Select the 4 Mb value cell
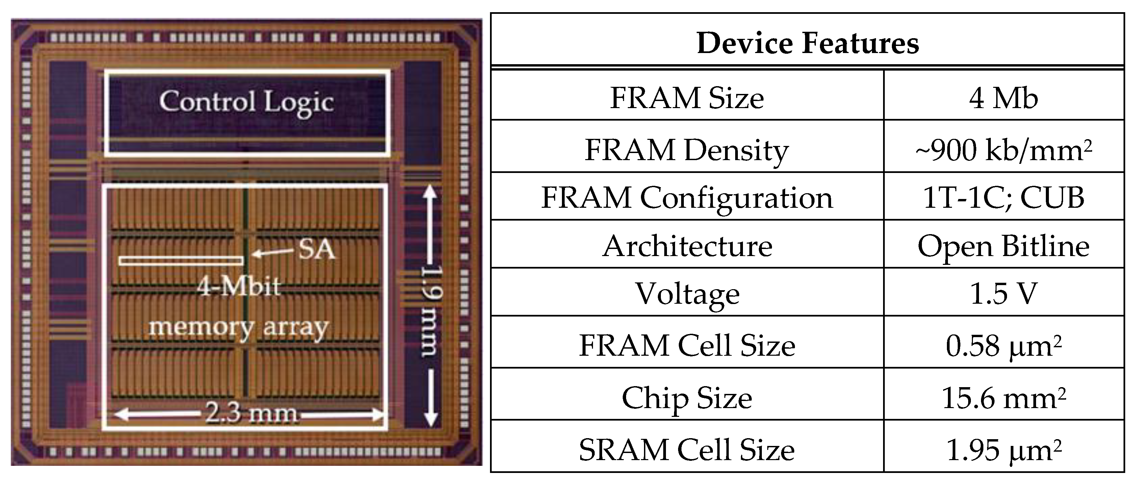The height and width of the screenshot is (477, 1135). click(x=1003, y=98)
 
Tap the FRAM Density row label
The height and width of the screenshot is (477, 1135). click(x=687, y=150)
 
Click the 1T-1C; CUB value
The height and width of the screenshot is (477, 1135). click(x=1003, y=198)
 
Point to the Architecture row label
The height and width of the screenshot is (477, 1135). click(x=687, y=246)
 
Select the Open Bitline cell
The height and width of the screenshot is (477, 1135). click(x=1003, y=246)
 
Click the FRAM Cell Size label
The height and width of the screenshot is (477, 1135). click(x=687, y=345)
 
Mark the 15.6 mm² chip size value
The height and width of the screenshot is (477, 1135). click(x=1003, y=398)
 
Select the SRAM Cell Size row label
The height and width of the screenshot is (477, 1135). click(x=687, y=450)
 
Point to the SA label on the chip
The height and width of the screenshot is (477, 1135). click(x=316, y=250)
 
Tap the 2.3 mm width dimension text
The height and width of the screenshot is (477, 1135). click(x=251, y=413)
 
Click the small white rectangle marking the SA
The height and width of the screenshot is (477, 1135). click(x=181, y=260)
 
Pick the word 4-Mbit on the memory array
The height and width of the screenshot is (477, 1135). click(x=238, y=287)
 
